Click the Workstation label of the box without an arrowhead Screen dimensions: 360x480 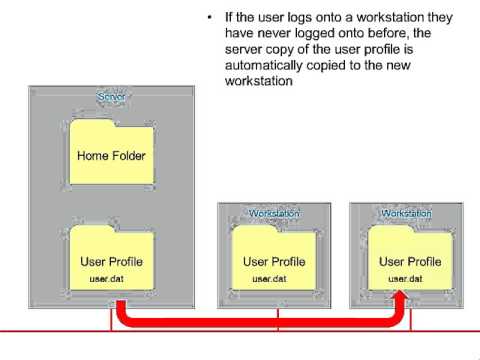point(273,213)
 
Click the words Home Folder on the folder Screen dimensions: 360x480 point(112,156)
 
